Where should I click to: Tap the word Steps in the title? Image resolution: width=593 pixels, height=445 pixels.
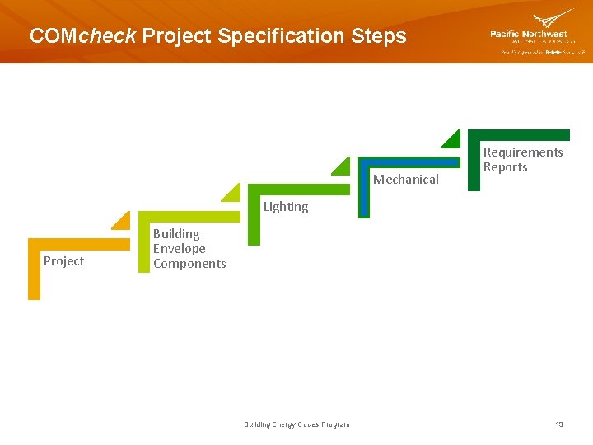pos(379,36)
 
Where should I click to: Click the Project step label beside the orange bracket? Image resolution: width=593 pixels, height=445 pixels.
pos(63,261)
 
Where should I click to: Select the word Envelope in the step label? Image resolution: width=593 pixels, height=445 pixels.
pos(179,249)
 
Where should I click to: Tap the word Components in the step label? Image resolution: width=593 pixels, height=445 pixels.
pos(189,264)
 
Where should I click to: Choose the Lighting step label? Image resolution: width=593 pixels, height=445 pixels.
pos(286,207)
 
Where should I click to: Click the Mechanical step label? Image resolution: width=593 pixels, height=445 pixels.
pos(406,180)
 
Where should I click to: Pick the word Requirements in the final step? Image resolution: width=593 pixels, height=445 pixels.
pos(523,152)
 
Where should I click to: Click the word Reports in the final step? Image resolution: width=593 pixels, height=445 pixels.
pos(505,167)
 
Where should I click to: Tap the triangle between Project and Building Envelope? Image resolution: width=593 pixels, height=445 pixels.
pos(123,221)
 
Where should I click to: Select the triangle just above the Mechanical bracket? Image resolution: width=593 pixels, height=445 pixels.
pos(343,166)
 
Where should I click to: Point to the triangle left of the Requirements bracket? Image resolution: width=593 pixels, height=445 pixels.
pos(452,139)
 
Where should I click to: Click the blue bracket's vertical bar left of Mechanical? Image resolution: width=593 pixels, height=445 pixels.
pos(364,190)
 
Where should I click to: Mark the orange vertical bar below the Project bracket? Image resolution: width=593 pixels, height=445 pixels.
pos(33,272)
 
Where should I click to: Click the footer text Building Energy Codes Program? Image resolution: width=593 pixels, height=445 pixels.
pos(296,424)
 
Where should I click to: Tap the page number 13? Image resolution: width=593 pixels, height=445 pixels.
pos(559,424)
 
